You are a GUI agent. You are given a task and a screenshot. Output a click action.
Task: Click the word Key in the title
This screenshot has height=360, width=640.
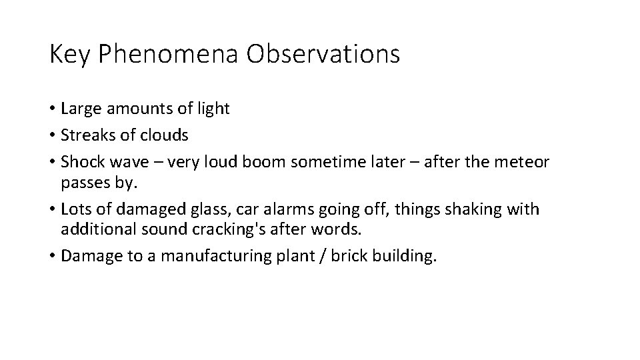click(70, 55)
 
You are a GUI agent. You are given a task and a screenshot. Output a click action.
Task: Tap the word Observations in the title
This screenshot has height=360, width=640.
click(323, 55)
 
